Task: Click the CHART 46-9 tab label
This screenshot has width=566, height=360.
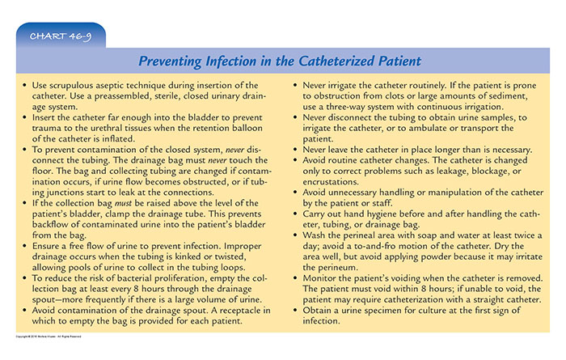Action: click(x=61, y=36)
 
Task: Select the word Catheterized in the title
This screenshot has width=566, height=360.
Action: click(x=336, y=61)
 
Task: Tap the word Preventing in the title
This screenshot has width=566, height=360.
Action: click(x=170, y=61)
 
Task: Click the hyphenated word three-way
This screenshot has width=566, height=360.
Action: click(x=346, y=107)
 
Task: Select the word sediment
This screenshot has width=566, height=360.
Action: click(x=509, y=96)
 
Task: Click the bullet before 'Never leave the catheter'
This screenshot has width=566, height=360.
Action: click(x=295, y=149)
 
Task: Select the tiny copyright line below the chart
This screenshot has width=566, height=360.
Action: click(x=49, y=337)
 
